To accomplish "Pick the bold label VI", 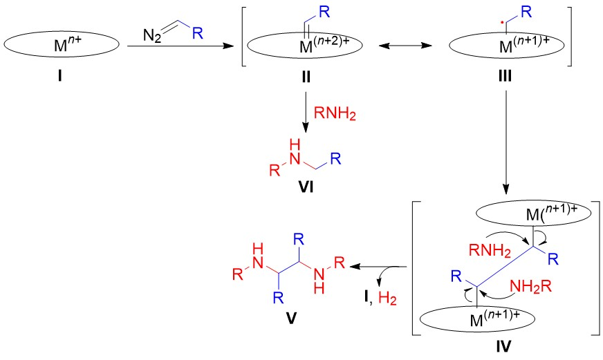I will (x=302, y=186).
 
